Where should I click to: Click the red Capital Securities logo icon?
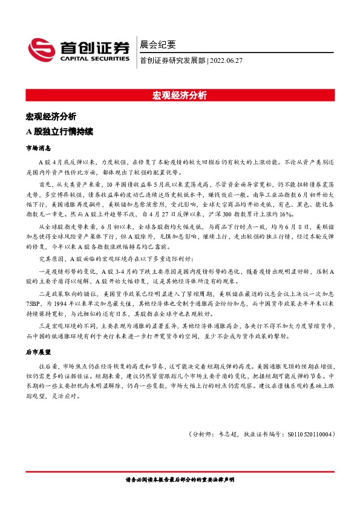click(42, 50)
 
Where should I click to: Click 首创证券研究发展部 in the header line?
click(172, 60)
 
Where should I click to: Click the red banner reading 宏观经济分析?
click(180, 96)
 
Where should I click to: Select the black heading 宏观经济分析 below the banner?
click(50, 115)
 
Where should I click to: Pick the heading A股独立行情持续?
click(59, 131)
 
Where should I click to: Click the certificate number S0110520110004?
click(309, 434)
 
